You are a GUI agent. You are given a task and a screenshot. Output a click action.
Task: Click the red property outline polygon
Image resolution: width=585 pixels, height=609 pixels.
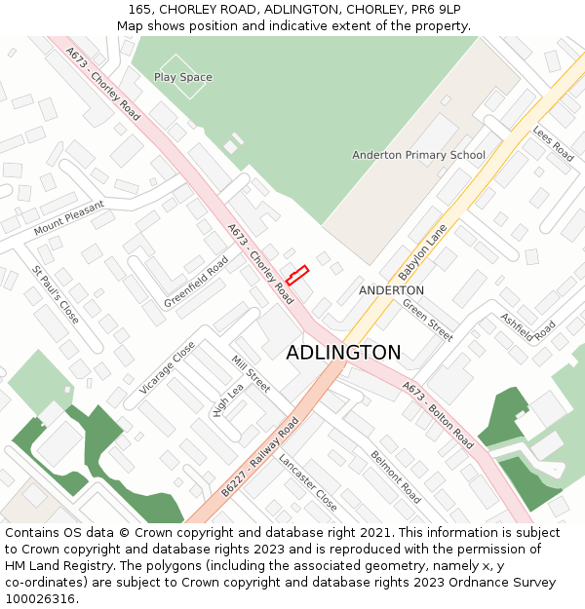pos(297,275)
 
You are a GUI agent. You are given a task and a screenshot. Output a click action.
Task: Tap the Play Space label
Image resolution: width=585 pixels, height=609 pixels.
pos(182,77)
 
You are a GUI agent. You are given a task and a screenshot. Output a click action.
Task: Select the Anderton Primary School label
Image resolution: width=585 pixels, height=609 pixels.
pos(418,155)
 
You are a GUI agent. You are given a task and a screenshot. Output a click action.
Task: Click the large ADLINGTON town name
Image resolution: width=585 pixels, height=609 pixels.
pos(343,353)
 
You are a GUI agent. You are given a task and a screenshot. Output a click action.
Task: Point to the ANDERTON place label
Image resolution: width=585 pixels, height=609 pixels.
pos(391,290)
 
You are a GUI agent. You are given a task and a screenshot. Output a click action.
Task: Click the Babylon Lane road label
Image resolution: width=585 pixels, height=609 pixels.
pos(422,251)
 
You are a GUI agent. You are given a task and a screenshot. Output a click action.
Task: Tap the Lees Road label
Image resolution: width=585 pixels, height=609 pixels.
pos(553,142)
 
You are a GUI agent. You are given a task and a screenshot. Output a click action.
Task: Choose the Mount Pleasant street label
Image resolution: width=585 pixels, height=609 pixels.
pos(68,218)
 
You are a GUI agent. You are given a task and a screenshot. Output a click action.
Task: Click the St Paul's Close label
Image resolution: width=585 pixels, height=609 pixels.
pos(56,294)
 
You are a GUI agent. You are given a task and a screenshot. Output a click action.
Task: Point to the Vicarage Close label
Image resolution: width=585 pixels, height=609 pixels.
pos(167,367)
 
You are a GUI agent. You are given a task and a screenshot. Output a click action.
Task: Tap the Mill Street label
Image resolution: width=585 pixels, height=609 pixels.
pos(251,374)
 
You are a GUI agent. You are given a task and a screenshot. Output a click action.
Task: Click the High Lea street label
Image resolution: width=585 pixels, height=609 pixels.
pos(227,400)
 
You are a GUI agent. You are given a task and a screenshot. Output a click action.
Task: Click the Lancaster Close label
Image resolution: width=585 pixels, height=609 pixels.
pos(307,482)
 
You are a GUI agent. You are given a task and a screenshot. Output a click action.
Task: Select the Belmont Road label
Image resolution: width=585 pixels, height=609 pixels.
pos(395,476)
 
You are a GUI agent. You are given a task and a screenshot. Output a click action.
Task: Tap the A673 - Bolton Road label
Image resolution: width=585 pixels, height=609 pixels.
pos(438,415)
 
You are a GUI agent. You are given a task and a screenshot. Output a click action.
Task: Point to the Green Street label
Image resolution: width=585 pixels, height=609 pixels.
pos(428,320)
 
